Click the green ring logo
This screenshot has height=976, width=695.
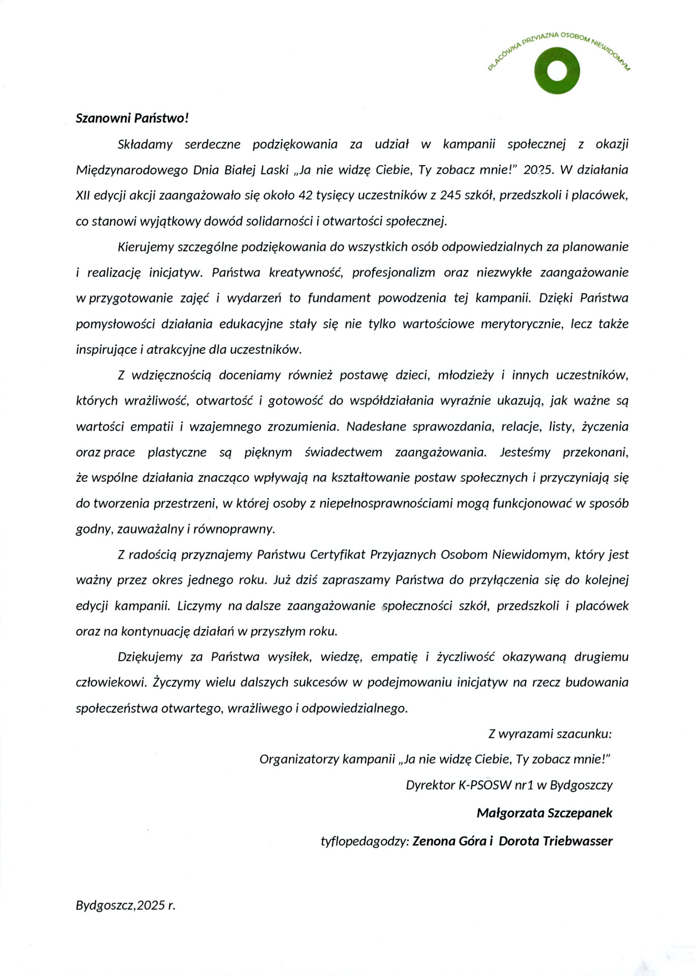tap(557, 71)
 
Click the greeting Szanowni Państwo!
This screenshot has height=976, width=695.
tap(132, 118)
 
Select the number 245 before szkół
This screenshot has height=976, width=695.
tap(451, 195)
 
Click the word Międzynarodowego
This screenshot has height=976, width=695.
tap(131, 170)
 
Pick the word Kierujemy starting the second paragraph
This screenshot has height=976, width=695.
tap(146, 247)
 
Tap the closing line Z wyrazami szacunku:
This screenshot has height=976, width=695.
tap(550, 734)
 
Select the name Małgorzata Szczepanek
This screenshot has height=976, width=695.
tap(545, 813)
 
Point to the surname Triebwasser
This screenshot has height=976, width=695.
tap(577, 841)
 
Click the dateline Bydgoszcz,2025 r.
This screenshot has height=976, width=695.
tap(126, 905)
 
